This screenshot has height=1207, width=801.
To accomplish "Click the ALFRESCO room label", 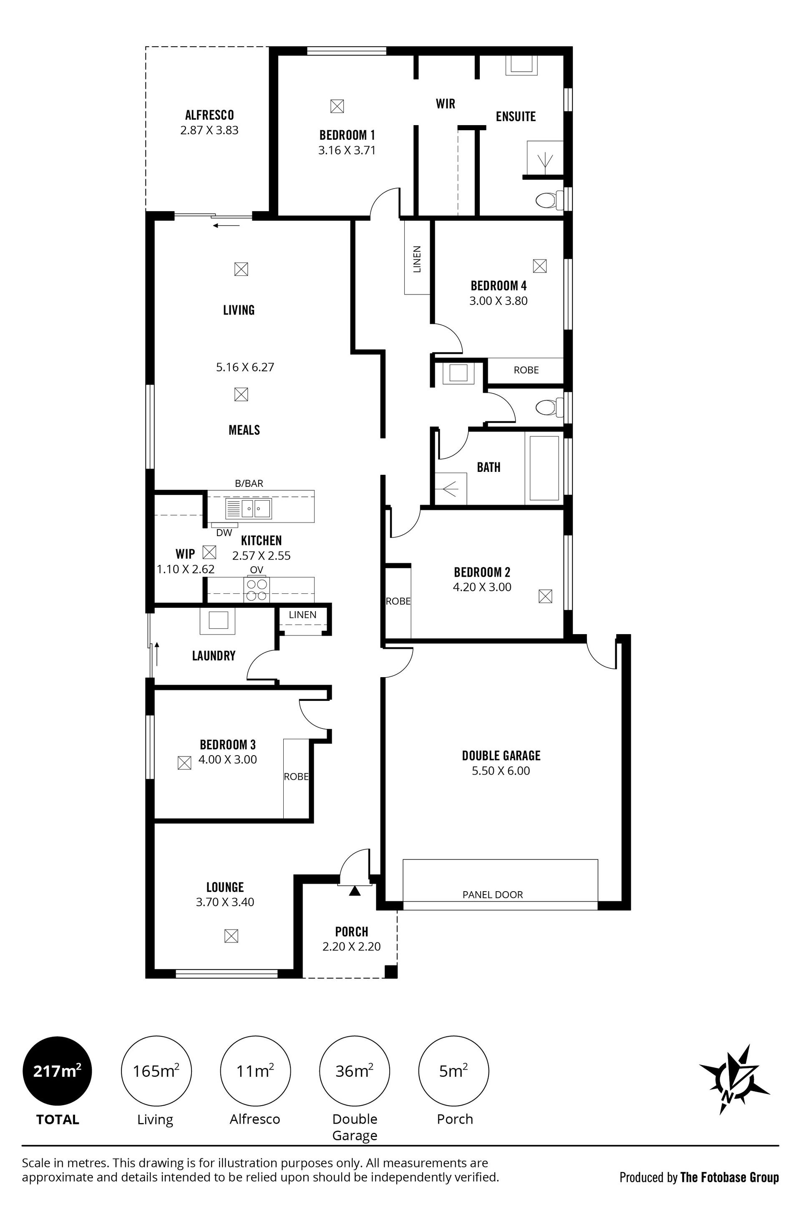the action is click(x=209, y=115).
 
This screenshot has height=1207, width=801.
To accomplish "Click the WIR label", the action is click(x=446, y=104).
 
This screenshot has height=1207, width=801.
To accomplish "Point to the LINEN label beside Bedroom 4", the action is click(x=417, y=259).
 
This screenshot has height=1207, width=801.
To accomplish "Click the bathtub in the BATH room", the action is click(x=544, y=468).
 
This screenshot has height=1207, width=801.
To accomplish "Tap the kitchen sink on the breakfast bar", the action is click(x=249, y=509).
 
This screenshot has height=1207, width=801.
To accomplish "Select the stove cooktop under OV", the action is click(x=257, y=590).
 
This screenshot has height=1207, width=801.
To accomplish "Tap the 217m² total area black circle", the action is click(x=57, y=1071).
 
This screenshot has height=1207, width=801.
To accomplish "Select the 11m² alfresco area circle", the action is click(x=255, y=1071).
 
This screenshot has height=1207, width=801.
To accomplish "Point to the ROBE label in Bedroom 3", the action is click(x=296, y=776).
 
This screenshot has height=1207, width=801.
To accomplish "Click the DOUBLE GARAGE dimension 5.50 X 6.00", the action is click(x=501, y=771).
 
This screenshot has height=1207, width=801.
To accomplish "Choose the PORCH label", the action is click(x=351, y=931).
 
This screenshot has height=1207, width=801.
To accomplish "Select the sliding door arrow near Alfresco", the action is click(x=226, y=225).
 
